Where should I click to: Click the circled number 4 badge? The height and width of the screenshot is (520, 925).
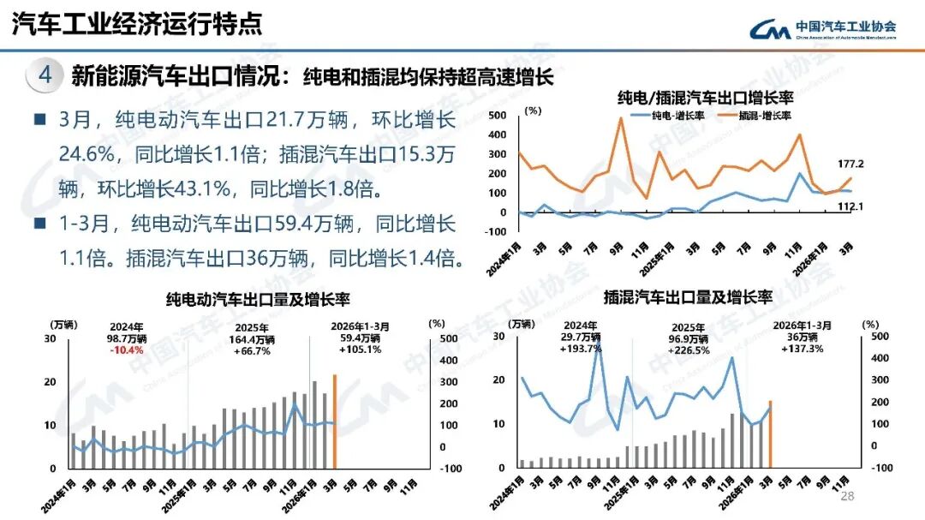(x=45, y=75)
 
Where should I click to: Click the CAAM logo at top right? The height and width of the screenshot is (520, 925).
(x=822, y=29)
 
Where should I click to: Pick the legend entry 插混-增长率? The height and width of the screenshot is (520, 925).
(x=754, y=114)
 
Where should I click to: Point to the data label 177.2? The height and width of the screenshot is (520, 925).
(x=851, y=164)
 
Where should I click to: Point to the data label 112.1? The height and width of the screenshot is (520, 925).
(x=850, y=206)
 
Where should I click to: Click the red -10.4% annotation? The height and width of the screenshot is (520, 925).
(x=128, y=350)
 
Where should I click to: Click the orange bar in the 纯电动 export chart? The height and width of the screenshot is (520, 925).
(x=335, y=422)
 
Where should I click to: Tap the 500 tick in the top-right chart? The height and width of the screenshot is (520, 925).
(x=498, y=115)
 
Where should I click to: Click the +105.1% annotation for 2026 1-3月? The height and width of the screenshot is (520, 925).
(x=360, y=350)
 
